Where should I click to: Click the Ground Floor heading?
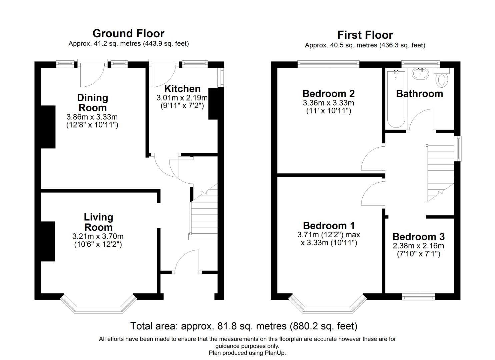(x=128, y=34)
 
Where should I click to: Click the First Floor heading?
(x=365, y=35)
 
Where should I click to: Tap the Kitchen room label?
(x=182, y=89)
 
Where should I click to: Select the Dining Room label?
(x=93, y=103)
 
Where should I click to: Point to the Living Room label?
(x=99, y=222)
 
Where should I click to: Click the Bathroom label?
(x=420, y=94)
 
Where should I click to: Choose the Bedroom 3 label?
(x=419, y=237)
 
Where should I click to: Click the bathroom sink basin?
(x=420, y=73)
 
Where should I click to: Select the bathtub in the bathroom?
(x=396, y=99)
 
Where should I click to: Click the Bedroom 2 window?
(x=328, y=64)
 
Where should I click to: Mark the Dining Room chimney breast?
(x=48, y=127)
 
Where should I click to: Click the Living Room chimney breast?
(x=48, y=242)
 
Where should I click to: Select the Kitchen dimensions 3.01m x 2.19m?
(x=182, y=98)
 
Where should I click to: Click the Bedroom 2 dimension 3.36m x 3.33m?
(x=328, y=103)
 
